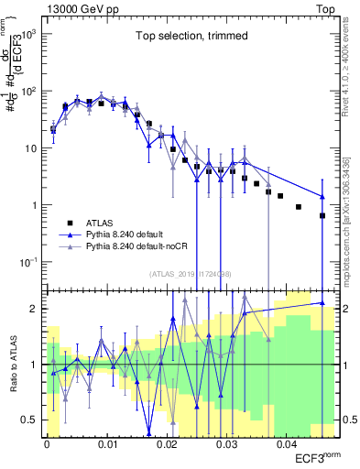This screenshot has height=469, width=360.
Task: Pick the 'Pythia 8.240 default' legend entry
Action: click(133, 234)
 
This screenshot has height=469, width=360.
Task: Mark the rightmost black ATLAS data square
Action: click(322, 216)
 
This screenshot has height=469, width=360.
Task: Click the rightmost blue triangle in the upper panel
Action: click(322, 196)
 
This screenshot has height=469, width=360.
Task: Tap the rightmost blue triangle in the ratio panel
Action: click(322, 302)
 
